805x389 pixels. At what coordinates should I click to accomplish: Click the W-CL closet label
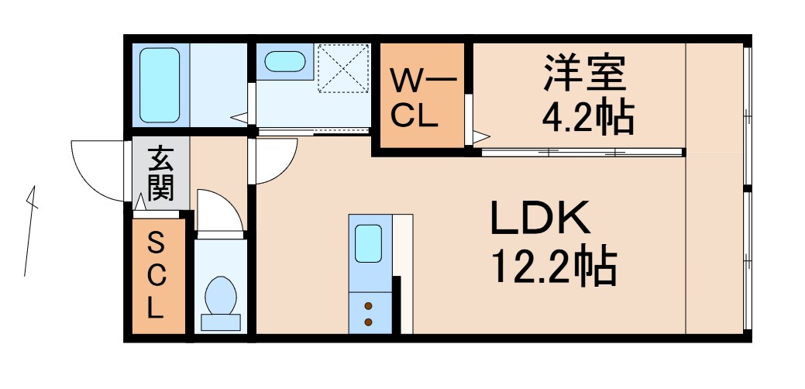[419, 98]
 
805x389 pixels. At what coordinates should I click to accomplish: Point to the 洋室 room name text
[583, 74]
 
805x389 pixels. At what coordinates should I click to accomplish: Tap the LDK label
[540, 220]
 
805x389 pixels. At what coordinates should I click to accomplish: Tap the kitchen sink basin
[368, 243]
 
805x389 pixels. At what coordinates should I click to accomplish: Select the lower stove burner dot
[368, 321]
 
